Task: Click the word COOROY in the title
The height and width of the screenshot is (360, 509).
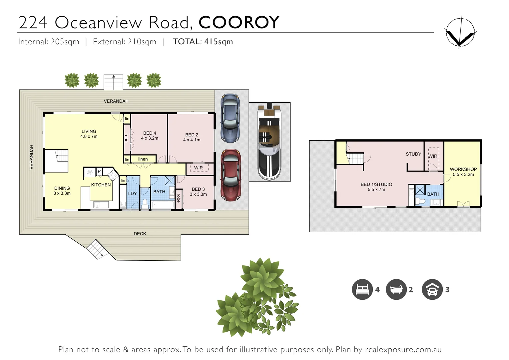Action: pos(239,22)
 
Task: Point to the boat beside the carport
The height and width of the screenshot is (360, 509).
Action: pos(270,141)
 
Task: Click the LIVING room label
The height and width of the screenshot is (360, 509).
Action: pos(89,134)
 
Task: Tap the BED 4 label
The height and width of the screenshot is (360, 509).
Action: pos(150,135)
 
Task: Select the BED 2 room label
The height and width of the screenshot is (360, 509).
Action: pos(192,137)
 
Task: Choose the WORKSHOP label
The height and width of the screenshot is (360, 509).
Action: pos(463,172)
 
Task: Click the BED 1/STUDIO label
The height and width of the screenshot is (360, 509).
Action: pos(376,187)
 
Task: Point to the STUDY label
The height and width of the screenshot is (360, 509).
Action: pos(413,154)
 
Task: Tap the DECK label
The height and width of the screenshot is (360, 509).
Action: pos(140,234)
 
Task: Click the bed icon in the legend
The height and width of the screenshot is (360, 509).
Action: pos(362,289)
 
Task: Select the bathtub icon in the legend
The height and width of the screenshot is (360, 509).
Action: pos(396,289)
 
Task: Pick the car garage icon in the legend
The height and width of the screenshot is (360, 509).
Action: pos(432,289)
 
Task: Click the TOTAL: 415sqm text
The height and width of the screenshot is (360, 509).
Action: pos(203,42)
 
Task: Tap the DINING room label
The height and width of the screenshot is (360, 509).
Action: pos(62,190)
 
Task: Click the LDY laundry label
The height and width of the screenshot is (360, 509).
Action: pos(132,193)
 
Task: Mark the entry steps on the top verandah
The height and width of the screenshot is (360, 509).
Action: pos(114,82)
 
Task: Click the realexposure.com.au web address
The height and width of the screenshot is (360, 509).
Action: pos(403,350)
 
